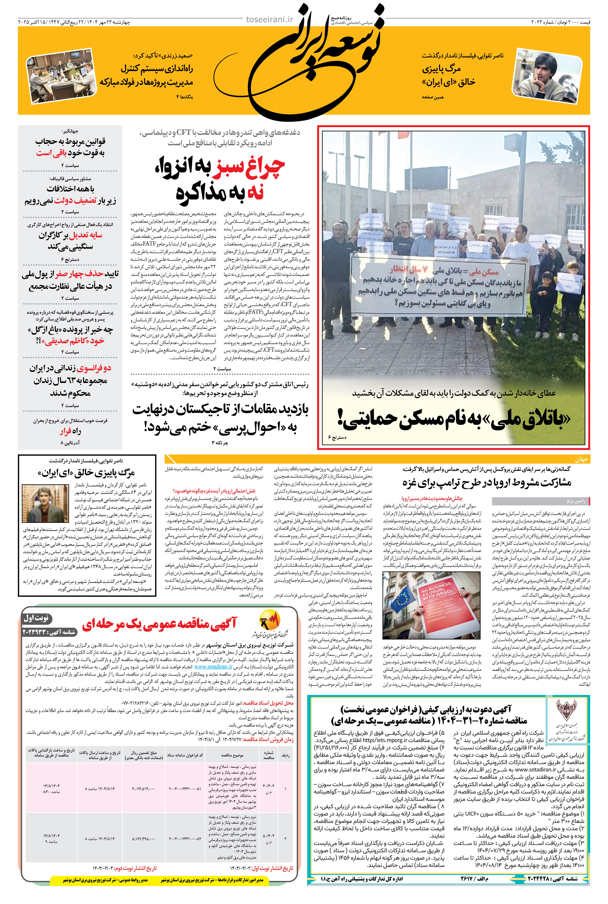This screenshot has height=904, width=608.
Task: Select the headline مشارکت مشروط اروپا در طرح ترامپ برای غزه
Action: [487, 483]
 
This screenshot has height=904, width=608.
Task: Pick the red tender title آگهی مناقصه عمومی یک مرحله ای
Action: [159, 623]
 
